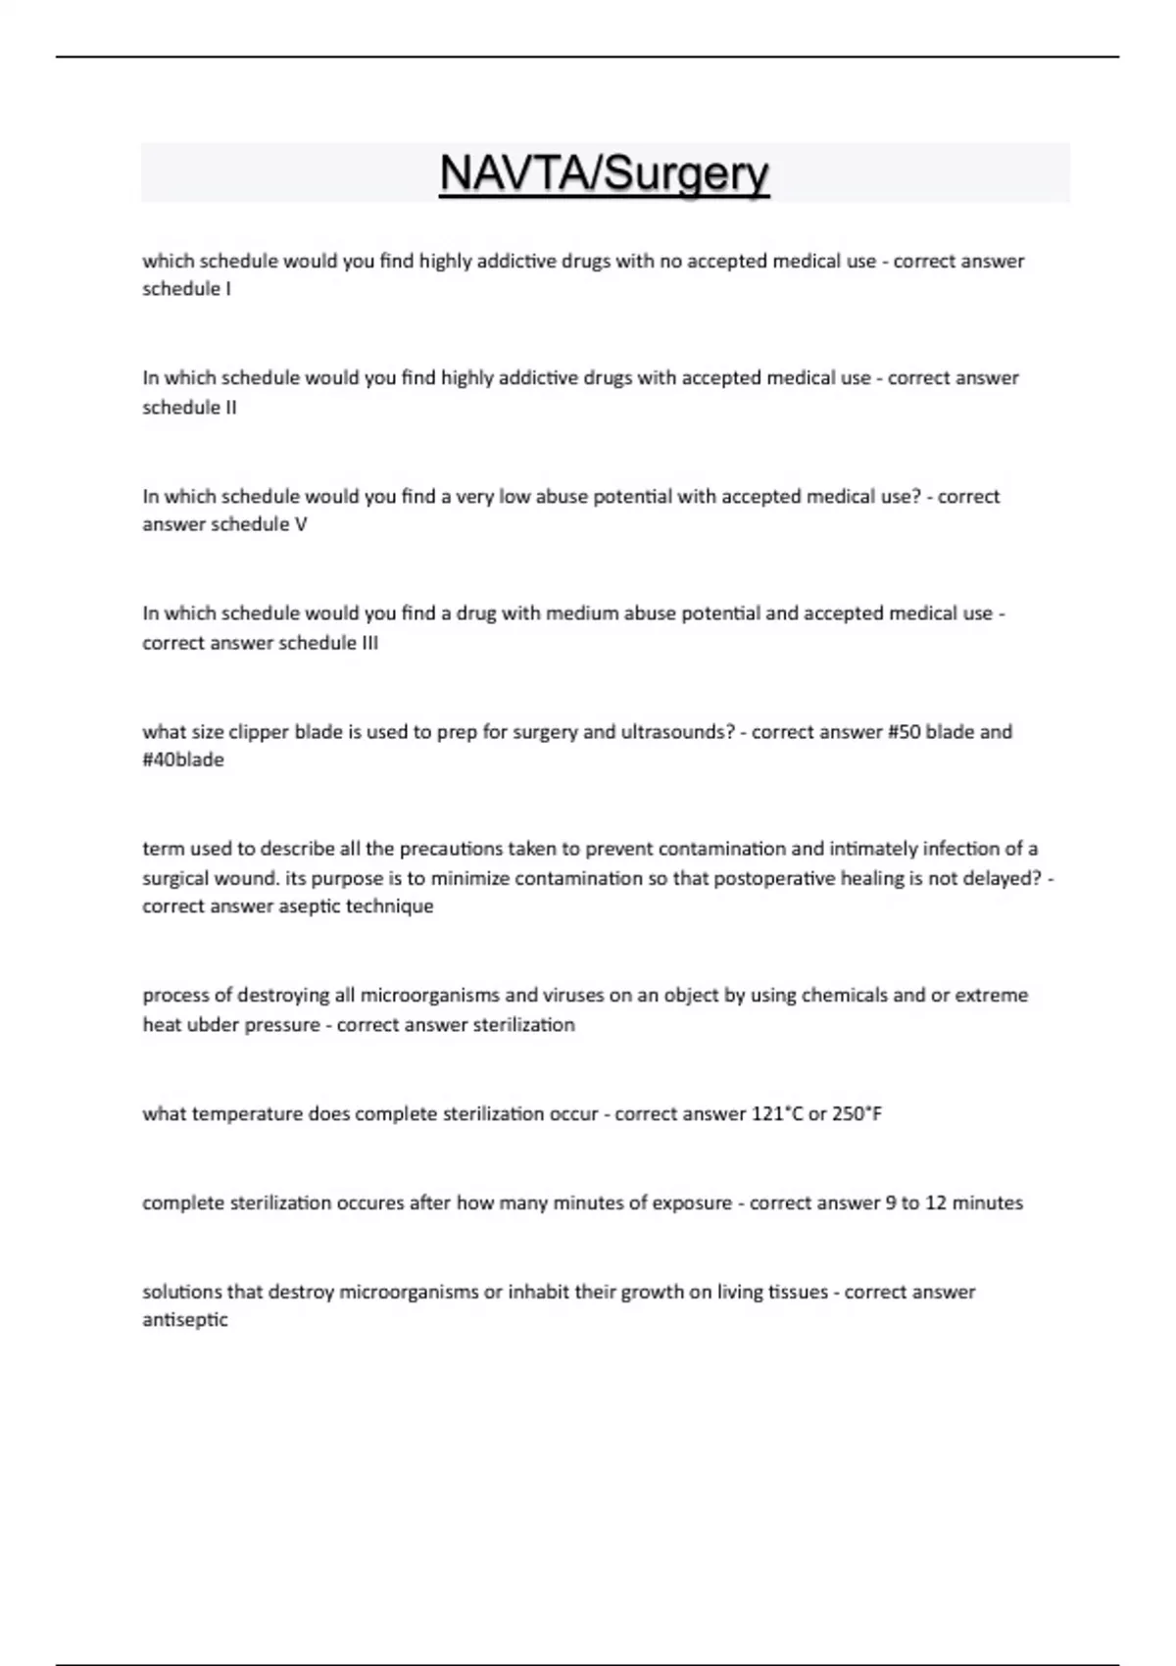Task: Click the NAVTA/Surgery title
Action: click(604, 173)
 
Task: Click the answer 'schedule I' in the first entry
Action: click(186, 289)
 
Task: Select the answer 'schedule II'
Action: click(189, 407)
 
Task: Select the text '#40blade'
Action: click(183, 760)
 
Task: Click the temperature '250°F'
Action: click(857, 1114)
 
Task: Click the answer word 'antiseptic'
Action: click(185, 1320)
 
